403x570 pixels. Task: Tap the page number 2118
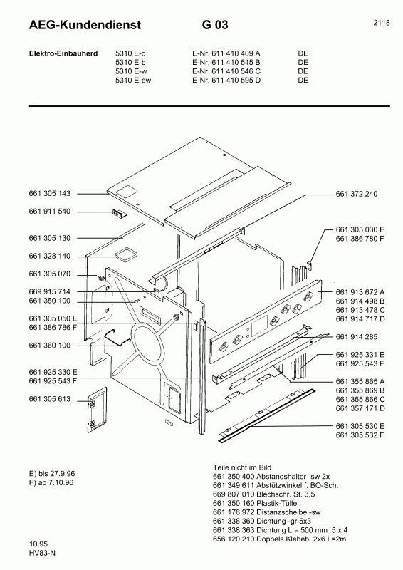point(381,23)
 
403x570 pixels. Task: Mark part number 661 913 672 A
point(360,292)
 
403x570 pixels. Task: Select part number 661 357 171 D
point(360,408)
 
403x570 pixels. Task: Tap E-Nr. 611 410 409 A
point(226,53)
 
